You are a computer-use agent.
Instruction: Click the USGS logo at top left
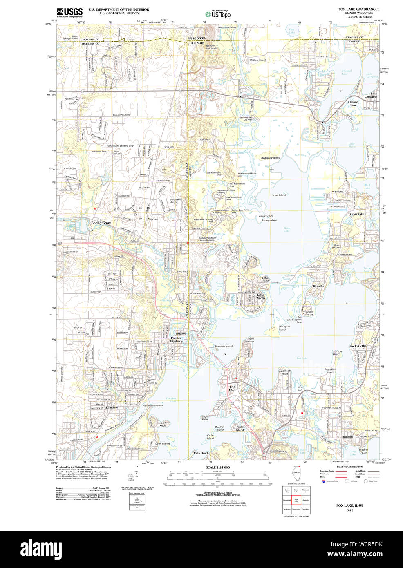pos(69,12)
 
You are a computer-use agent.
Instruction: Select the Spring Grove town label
pos(101,223)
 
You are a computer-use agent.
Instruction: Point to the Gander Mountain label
pos(211,47)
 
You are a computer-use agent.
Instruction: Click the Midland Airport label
pos(258,60)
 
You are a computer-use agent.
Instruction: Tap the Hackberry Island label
pos(270,157)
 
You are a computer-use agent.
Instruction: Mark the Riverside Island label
pos(223,346)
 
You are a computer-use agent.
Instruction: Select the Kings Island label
pos(240,428)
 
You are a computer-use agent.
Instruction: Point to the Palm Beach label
pos(201,453)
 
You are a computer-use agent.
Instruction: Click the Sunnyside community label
pos(111,407)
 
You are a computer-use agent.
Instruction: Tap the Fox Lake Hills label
pos(358,346)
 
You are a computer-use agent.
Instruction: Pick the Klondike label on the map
pos(318,286)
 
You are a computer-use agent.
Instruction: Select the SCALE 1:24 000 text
pos(217,467)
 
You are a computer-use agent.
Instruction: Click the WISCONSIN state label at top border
pos(197,38)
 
